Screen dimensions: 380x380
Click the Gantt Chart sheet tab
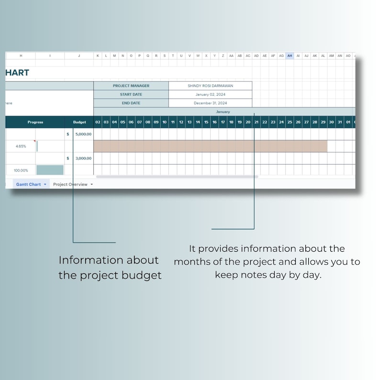click(x=28, y=184)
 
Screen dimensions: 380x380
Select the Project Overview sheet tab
click(x=70, y=184)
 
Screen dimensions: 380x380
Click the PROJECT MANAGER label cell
click(x=131, y=86)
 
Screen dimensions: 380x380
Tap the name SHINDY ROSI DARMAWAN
click(x=210, y=86)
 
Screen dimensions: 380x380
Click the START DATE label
click(x=131, y=94)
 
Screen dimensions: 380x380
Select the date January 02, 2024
click(x=210, y=94)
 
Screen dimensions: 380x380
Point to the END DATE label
click(x=131, y=103)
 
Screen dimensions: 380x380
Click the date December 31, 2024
click(x=210, y=103)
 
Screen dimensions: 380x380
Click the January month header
click(x=223, y=112)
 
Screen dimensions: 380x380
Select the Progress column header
click(x=35, y=122)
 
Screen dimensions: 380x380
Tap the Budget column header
click(x=79, y=122)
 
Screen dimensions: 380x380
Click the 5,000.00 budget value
click(x=83, y=134)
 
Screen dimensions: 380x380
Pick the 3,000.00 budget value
click(x=83, y=158)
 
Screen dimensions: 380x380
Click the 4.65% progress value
click(x=21, y=146)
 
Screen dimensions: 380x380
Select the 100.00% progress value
click(x=21, y=170)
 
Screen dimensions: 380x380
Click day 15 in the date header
click(x=206, y=122)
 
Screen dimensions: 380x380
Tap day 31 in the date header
click(x=339, y=122)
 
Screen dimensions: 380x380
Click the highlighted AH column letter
click(x=290, y=56)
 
